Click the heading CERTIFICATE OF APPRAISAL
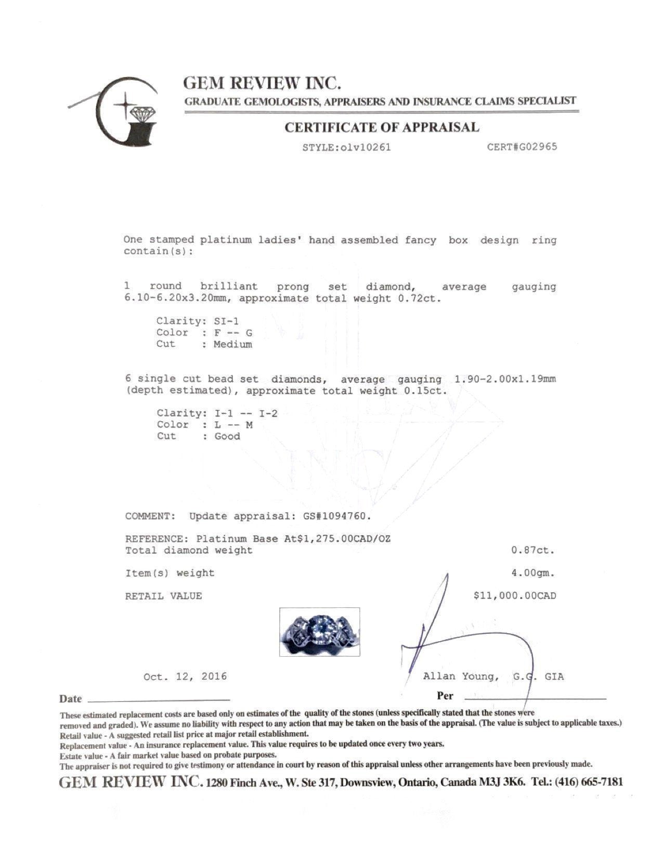[382, 127]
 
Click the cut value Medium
[232, 344]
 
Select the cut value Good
[227, 436]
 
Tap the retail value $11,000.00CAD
[514, 596]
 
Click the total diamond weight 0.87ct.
[533, 550]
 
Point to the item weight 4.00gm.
[533, 573]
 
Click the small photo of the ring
[319, 631]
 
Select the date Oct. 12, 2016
[185, 677]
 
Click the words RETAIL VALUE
[163, 596]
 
